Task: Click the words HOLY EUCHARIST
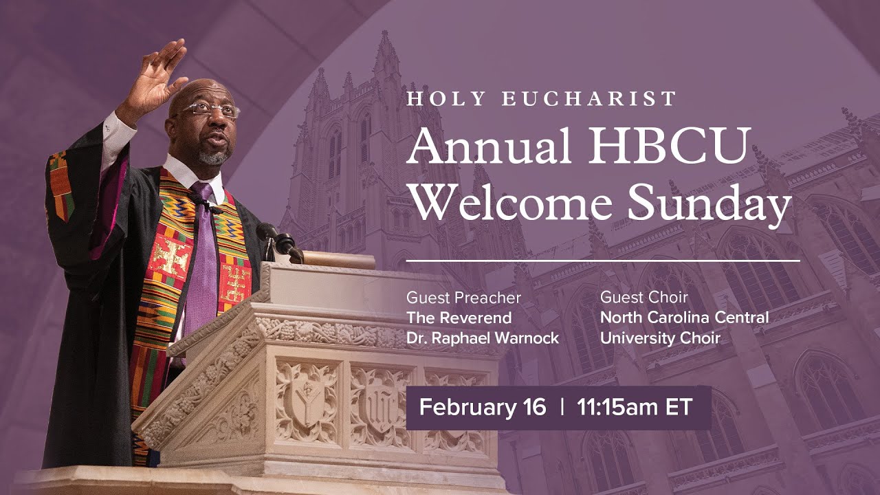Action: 542,98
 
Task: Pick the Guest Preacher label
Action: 463,298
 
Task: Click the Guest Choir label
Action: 644,298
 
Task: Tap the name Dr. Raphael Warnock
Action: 483,338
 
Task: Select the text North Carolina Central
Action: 684,318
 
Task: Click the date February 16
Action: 483,407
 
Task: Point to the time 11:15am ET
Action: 635,407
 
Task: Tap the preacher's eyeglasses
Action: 212,109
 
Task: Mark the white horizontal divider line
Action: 603,261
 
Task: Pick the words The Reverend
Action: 459,318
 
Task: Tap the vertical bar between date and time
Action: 562,407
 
